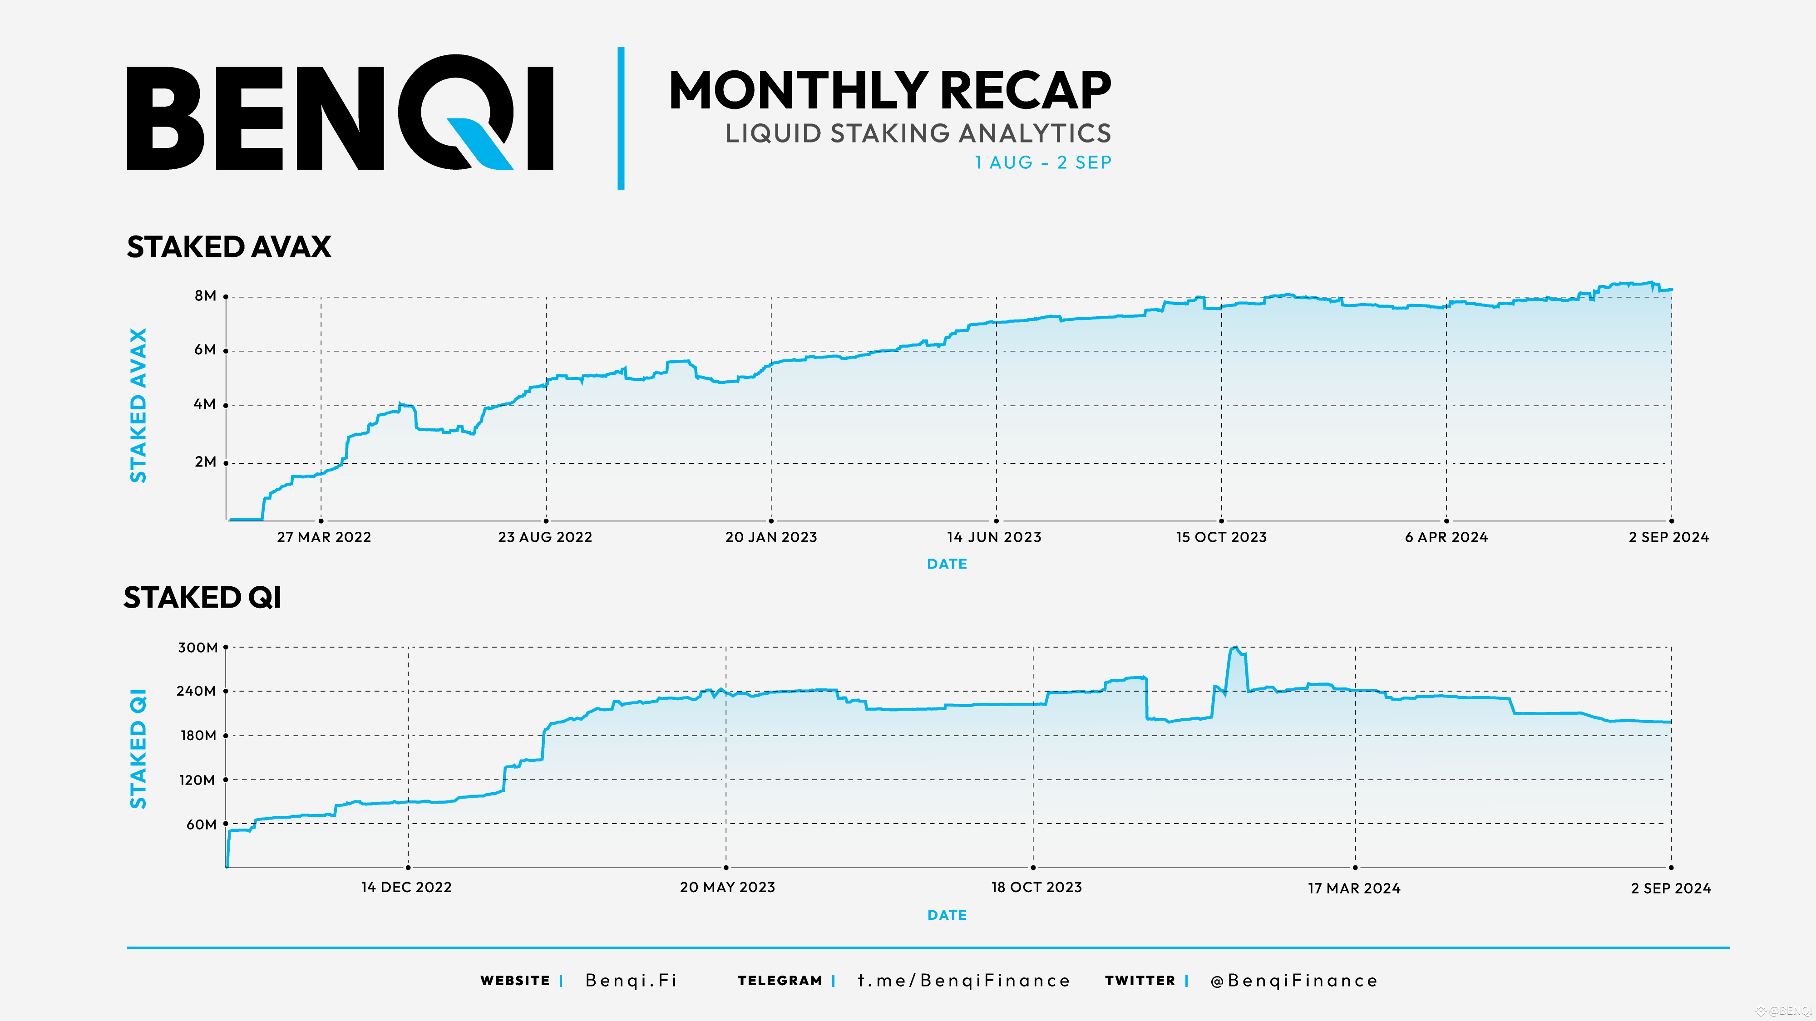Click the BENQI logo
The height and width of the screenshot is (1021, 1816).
(x=340, y=113)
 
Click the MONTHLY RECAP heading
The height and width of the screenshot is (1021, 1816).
(x=890, y=90)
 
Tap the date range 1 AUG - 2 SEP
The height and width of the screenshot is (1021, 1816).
(x=1043, y=163)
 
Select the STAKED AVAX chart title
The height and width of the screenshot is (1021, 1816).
(x=228, y=247)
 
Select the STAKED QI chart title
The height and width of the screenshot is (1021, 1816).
(x=202, y=598)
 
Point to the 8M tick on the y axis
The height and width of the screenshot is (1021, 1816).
(x=205, y=296)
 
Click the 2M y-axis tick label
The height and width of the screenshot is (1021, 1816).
(x=205, y=462)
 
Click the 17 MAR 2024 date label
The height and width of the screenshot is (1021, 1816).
(x=1354, y=888)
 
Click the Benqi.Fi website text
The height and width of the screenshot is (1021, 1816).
(x=632, y=981)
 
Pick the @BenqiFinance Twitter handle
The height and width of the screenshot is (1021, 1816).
(x=1293, y=981)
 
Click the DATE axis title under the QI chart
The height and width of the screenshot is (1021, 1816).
(x=947, y=915)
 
